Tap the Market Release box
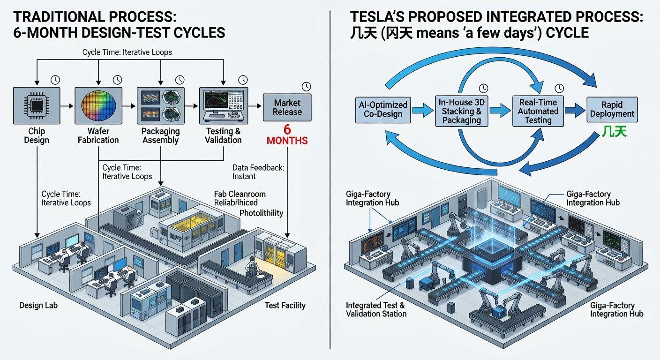pos(287,107)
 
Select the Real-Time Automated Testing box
pos(538,111)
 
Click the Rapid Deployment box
pos(612,110)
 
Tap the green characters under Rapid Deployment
pos(613,132)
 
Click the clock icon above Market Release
pos(307,86)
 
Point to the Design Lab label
pos(38,306)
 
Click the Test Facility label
pos(285,306)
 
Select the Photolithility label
pos(261,213)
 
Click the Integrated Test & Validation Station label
pos(376,309)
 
